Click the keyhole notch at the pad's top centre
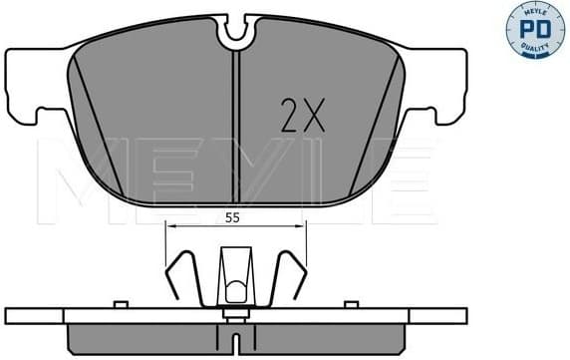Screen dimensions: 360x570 pos(235,33)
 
